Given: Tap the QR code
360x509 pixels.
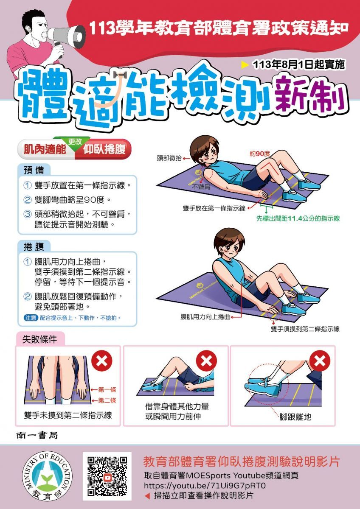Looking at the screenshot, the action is click(107, 476).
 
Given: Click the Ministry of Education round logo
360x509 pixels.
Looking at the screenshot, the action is click(47, 476).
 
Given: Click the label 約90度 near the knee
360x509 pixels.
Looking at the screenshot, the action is click(259, 154).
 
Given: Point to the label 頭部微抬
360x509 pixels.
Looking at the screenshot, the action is click(169, 158).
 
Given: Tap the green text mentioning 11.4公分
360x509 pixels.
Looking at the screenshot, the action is click(298, 218).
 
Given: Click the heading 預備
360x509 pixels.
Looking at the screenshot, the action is click(34, 170).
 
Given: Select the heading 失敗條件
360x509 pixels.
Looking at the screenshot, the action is click(39, 339).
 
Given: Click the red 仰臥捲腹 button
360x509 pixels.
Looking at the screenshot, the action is click(104, 149).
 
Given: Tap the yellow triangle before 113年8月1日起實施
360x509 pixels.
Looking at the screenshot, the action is click(245, 65).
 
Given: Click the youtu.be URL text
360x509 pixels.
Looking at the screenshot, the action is click(205, 485).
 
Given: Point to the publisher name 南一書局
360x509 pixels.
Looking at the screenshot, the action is click(37, 435).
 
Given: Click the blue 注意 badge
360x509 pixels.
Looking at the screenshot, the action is click(31, 317).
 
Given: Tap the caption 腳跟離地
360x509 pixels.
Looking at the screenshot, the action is click(295, 417).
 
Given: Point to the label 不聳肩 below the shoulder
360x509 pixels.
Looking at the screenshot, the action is click(201, 187).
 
